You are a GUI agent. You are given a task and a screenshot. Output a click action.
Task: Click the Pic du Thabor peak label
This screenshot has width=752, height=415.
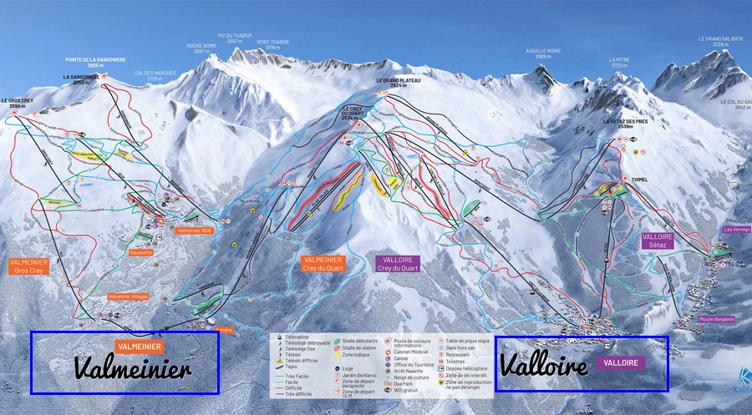[x=234, y=38]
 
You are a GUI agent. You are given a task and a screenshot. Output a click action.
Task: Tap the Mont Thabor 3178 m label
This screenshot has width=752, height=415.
[x=273, y=45]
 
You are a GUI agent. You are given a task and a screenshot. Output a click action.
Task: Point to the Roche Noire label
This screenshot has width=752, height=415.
[x=201, y=48]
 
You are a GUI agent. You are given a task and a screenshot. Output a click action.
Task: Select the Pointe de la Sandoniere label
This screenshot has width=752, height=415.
[x=95, y=61]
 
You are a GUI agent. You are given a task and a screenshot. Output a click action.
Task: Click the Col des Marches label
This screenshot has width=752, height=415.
[x=155, y=74]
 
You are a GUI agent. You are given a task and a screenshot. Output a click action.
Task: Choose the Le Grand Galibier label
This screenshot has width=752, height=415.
[x=720, y=41]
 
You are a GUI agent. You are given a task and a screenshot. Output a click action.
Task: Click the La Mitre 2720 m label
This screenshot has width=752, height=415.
[x=619, y=63]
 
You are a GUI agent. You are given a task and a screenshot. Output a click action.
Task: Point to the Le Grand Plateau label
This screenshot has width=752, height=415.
[x=398, y=82]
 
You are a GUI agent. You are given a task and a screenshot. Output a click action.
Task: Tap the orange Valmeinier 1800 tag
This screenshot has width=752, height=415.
[x=196, y=230]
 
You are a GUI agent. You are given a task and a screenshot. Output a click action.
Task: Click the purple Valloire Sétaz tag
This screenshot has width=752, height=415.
[x=658, y=241]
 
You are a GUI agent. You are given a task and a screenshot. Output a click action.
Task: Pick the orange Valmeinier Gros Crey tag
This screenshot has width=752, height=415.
[x=29, y=266]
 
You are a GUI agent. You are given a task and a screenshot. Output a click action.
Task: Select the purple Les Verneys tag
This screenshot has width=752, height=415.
[x=737, y=230]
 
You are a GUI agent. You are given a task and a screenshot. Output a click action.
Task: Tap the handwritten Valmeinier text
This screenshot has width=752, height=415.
[x=133, y=368]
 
